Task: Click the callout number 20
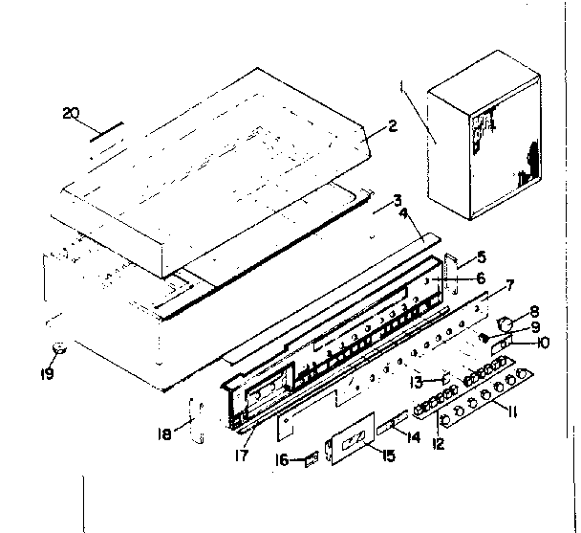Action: pos(69,114)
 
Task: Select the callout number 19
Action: pos(47,370)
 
